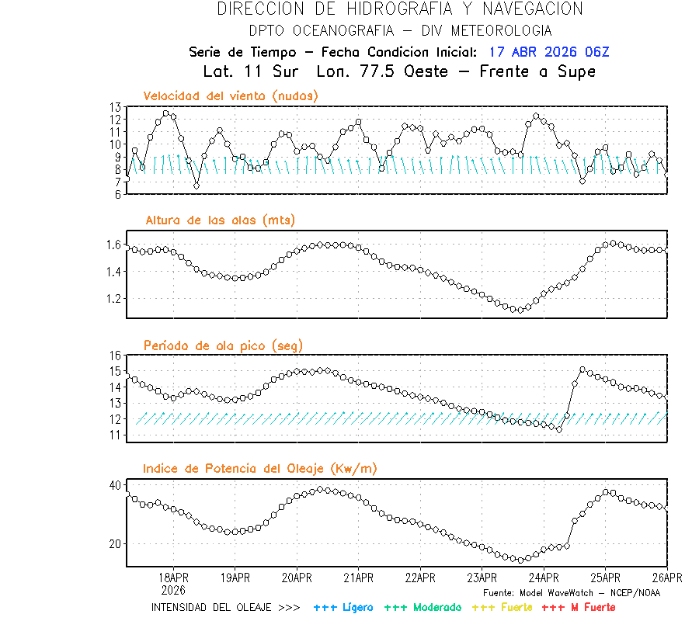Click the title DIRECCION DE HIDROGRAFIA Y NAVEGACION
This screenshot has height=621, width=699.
(x=400, y=9)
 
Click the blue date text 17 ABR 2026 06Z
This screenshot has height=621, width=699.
(x=549, y=52)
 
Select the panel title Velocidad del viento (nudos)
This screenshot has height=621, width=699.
(x=231, y=95)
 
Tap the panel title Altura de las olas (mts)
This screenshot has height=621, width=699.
(x=220, y=220)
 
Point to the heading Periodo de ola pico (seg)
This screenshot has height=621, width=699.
(x=223, y=345)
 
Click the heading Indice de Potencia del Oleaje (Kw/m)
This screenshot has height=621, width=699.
(x=259, y=468)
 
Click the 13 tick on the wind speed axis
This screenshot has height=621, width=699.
(x=115, y=107)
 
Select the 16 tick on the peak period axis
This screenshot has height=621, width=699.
(x=115, y=355)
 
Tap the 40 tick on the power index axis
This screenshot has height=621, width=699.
(x=115, y=485)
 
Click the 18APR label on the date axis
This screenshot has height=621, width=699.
(x=173, y=578)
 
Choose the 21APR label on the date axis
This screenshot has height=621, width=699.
(x=358, y=578)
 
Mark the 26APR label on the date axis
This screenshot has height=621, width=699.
(x=666, y=578)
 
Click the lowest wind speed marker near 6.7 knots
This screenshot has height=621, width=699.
(x=196, y=186)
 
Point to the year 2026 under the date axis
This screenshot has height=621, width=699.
(x=173, y=590)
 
